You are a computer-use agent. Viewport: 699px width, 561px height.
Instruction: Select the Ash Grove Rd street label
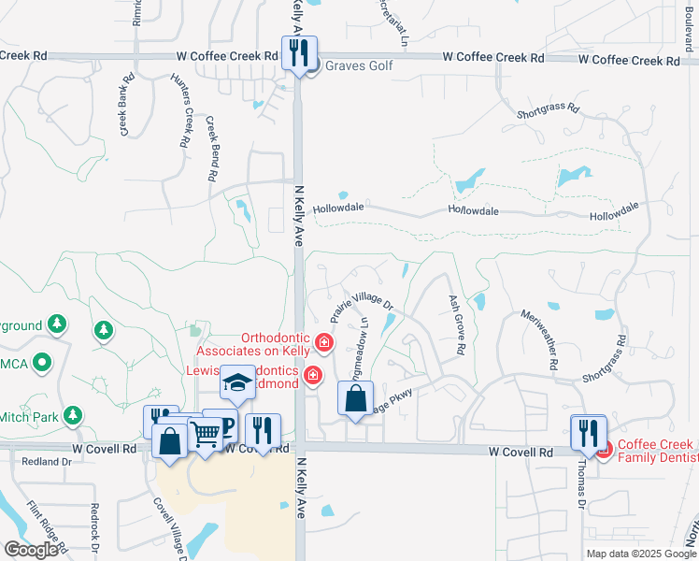457,324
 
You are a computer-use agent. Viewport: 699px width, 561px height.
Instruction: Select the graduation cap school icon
238,382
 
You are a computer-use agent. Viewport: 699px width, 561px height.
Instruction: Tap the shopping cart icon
206,433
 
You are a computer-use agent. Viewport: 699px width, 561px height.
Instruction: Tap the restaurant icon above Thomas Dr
589,432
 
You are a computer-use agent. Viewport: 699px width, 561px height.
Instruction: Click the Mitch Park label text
29,417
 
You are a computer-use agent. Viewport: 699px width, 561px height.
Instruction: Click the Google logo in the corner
31,550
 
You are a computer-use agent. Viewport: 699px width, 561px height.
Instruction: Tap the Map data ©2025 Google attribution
641,554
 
